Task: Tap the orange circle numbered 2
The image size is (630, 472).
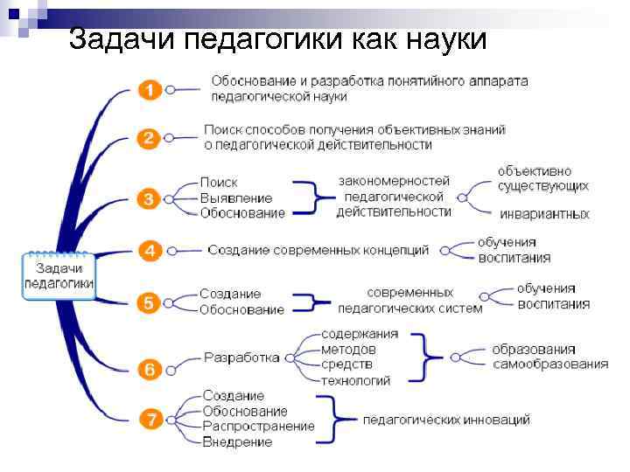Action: pos(150,137)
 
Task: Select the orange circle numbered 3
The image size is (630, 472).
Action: pos(150,198)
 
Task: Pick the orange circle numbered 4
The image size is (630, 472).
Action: pos(150,251)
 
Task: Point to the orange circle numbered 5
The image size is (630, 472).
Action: pos(150,302)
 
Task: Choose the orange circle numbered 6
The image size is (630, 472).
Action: pos(150,369)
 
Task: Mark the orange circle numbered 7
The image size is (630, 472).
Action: pos(152,420)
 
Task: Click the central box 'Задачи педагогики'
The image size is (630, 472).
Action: pos(59,275)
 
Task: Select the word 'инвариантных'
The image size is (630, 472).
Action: pos(543,214)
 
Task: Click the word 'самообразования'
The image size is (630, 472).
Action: pos(549,364)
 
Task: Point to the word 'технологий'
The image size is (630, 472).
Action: pos(356,380)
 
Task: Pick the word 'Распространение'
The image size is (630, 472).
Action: pos(258,426)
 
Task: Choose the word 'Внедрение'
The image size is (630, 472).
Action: pos(237,441)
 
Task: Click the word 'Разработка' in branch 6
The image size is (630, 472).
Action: pos(241,357)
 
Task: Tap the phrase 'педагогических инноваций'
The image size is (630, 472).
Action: pos(446,420)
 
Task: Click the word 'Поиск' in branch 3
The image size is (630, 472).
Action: pos(219,183)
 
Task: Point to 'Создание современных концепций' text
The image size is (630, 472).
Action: pos(318,250)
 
